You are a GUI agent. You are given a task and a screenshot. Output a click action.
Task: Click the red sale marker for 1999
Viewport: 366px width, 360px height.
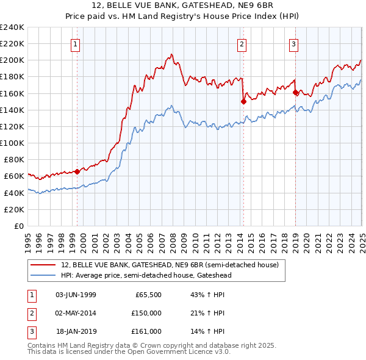coord(77,171)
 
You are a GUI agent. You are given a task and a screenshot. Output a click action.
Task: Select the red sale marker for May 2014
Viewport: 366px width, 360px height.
coord(243,102)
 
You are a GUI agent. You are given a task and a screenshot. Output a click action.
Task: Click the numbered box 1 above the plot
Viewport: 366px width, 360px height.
coord(74,43)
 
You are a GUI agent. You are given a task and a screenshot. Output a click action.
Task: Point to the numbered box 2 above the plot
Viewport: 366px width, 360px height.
coord(242,43)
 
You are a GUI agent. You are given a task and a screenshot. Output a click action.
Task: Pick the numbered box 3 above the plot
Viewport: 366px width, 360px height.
coord(293,43)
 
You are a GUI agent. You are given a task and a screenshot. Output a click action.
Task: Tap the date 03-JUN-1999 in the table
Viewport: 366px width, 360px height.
coord(76,295)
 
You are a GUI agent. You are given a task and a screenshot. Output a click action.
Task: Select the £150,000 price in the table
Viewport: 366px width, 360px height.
coord(146,313)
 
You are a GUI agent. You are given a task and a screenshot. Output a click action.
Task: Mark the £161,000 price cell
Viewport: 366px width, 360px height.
coord(146,331)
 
